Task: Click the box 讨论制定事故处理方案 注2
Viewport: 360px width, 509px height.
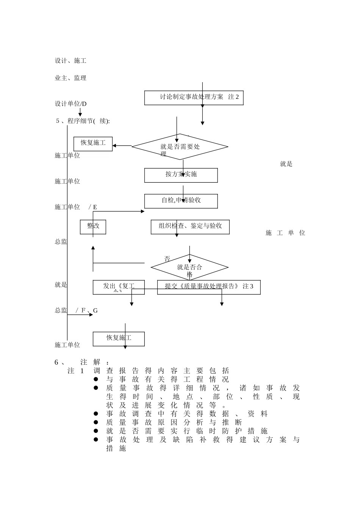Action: (194, 98)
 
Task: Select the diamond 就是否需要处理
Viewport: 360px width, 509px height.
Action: (180, 147)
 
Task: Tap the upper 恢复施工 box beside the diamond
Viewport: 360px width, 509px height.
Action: (93, 144)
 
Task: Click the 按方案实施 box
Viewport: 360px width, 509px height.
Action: (181, 175)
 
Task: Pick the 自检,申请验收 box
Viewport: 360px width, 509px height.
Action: (181, 201)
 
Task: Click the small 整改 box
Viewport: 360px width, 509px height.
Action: (93, 226)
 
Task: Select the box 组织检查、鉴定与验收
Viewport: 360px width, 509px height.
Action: (190, 226)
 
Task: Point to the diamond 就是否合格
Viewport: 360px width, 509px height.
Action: (189, 267)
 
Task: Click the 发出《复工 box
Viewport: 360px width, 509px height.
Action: (119, 287)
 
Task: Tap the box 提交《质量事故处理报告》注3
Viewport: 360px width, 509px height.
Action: (209, 287)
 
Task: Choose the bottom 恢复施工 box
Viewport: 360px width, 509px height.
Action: (119, 339)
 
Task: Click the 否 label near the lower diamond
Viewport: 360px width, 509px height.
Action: (167, 259)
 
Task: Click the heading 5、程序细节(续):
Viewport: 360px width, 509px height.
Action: (83, 121)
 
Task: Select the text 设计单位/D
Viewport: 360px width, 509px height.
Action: (71, 104)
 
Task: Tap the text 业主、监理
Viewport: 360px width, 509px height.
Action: (71, 78)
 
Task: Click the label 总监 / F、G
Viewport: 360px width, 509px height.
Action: (76, 311)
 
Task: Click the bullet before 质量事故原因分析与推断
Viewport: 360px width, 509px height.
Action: (96, 422)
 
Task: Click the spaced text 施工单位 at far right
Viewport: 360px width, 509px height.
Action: (285, 233)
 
